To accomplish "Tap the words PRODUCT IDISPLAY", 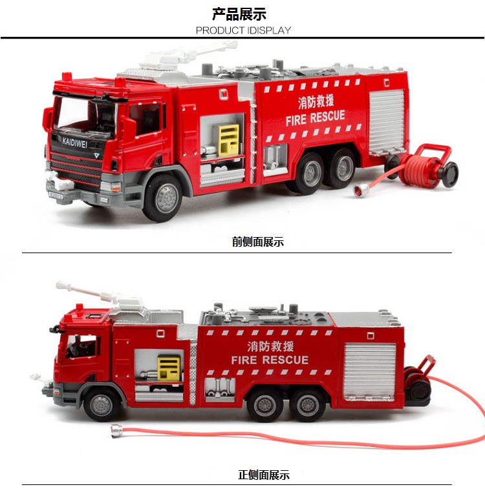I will point(243,30).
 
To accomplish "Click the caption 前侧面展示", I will point(258,242).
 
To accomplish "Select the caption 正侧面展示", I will point(264,475).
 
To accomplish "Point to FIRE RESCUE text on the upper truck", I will point(316,118).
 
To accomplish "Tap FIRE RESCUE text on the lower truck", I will point(270,360).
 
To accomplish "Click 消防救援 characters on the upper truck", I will point(316,102).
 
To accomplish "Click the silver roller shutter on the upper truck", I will point(387,121).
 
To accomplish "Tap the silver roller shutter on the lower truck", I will point(369,369).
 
